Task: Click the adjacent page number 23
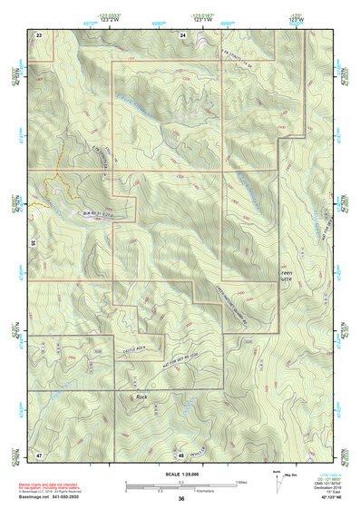pos(39,34)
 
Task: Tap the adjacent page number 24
pos(182,34)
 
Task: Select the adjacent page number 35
pos(33,243)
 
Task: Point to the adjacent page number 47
pos(39,453)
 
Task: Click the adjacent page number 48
pos(181,454)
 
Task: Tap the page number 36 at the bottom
pos(181,499)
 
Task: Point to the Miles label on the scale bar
pos(240,482)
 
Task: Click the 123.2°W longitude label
pos(111,17)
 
